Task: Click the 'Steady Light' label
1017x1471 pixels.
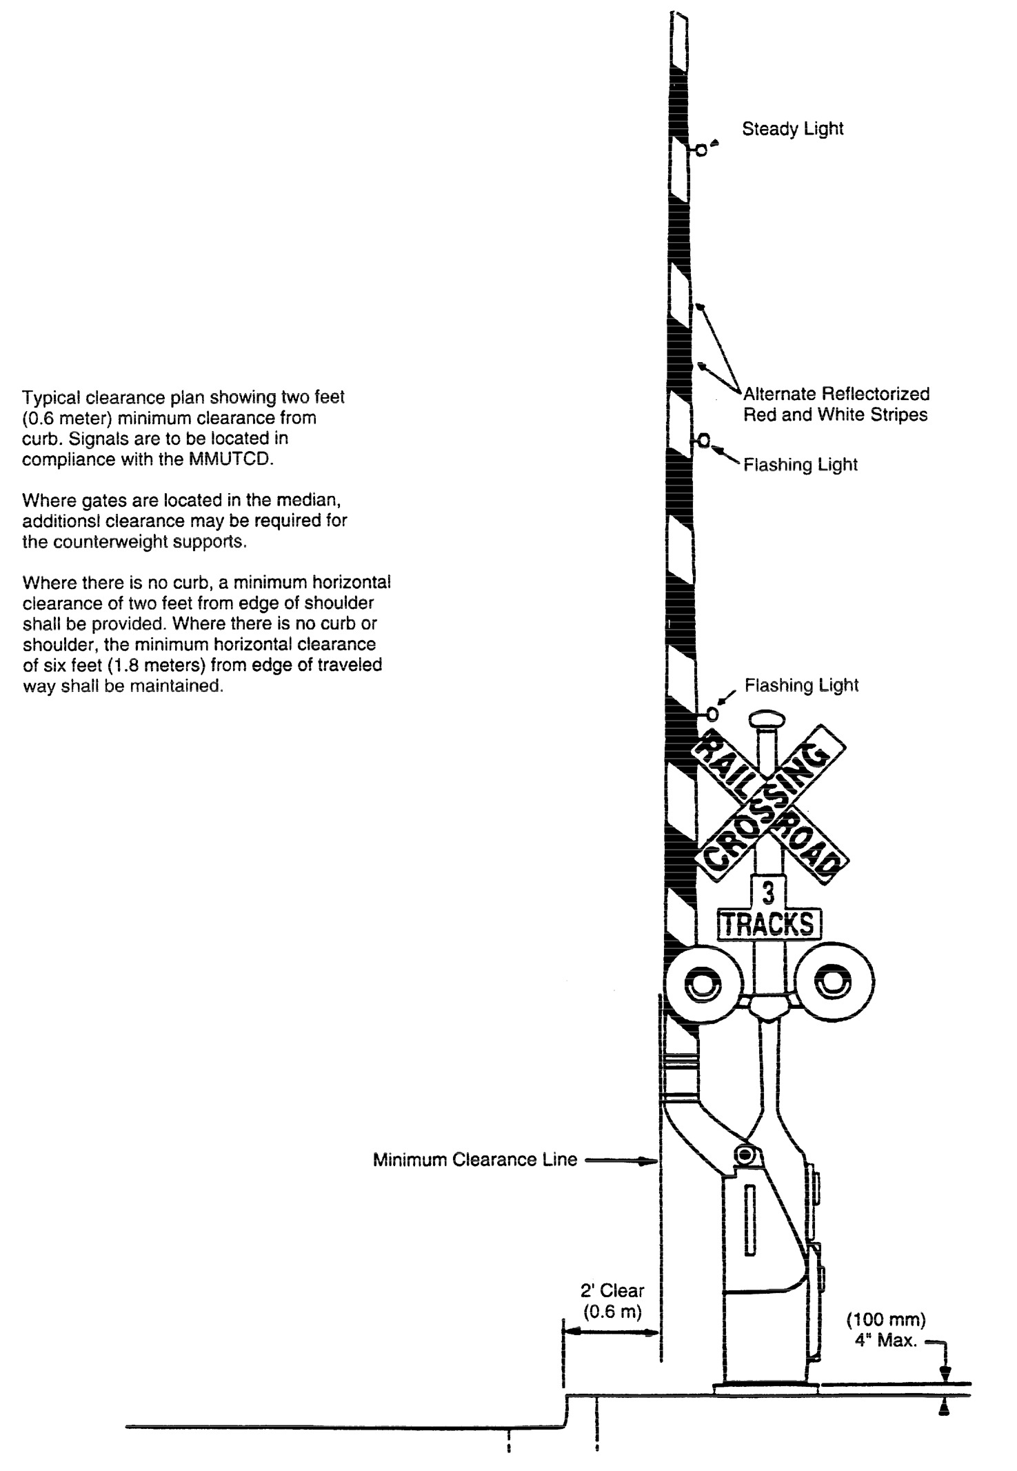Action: [792, 129]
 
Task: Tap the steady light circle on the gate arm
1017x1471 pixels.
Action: [701, 150]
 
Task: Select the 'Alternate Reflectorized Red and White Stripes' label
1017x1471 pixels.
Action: [836, 404]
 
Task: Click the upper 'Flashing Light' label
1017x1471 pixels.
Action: [800, 465]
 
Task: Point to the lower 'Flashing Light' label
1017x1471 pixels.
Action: [801, 686]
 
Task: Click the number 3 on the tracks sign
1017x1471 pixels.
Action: [769, 894]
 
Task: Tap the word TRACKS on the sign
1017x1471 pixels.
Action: [769, 924]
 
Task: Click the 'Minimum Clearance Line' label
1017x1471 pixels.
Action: [475, 1159]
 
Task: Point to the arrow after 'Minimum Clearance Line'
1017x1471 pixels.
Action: [620, 1161]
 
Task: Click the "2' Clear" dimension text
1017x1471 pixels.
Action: [612, 1290]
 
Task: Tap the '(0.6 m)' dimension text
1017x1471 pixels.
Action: [612, 1312]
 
